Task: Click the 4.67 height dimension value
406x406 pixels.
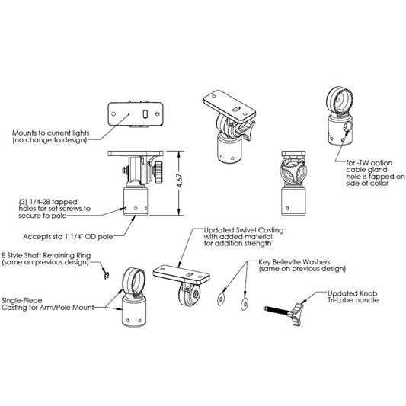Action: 181,180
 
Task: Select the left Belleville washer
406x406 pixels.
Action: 221,299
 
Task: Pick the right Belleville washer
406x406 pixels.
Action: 245,303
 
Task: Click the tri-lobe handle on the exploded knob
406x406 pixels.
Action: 297,314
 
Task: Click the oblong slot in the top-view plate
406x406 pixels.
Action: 145,114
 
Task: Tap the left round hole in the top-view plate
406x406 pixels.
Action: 113,114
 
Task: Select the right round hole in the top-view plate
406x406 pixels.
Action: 158,113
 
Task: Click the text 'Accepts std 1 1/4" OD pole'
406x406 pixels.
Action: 68,237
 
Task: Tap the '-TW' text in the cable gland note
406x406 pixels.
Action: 363,163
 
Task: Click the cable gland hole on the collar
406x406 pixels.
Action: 349,126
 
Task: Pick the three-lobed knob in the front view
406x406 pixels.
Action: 293,171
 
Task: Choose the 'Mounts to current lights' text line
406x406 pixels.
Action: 51,133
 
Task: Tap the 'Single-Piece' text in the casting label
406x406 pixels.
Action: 22,301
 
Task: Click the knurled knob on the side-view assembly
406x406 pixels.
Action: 158,172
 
